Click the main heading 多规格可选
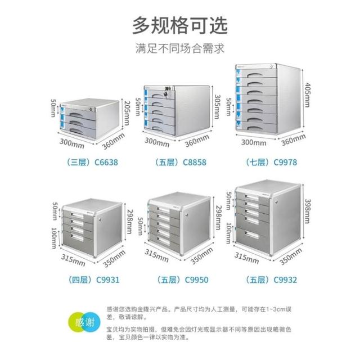coord(179,24)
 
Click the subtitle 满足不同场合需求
coord(179,48)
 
